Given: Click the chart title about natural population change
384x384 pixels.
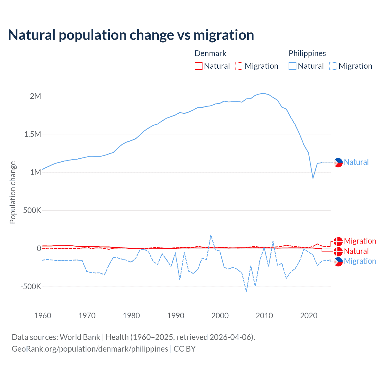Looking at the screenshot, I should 131,35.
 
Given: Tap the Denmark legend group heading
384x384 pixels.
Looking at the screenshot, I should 210,53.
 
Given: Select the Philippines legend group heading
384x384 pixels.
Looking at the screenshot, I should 307,53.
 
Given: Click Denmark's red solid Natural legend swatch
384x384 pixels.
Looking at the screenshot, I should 199,66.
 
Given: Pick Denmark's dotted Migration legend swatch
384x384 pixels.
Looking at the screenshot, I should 239,66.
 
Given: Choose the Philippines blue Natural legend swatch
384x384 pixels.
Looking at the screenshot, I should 292,66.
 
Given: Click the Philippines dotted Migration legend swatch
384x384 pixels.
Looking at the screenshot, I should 333,66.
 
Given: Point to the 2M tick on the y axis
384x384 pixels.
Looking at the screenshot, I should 35,96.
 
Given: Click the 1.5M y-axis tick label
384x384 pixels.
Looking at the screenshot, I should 32,134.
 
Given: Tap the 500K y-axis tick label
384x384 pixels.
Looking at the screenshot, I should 32,210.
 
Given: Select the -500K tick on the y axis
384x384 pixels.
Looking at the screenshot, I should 31,286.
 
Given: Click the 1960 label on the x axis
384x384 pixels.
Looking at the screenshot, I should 43,316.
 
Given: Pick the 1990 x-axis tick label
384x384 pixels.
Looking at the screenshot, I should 176,316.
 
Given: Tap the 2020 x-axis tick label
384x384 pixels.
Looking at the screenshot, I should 309,316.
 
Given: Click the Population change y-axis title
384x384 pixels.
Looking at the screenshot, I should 13,192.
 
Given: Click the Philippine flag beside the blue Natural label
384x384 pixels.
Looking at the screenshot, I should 338,162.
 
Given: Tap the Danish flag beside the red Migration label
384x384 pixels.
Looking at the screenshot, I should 338,241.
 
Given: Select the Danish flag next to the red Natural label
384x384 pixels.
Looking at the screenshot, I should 338,251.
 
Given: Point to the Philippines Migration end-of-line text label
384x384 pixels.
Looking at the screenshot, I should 360,261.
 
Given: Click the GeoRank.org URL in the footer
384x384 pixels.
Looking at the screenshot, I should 90,349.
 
